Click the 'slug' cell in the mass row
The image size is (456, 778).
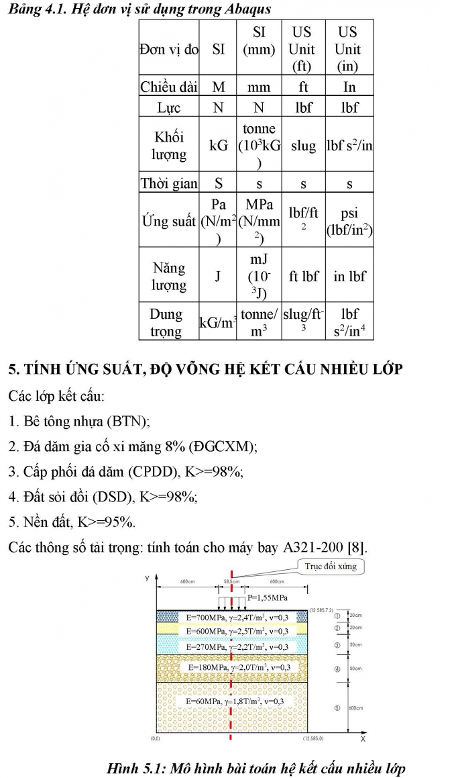coord(303,146)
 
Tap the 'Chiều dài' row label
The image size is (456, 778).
coord(168,87)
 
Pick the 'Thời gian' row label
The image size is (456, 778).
coord(168,183)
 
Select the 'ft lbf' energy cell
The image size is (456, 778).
coord(303,276)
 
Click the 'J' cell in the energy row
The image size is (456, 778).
coord(218,276)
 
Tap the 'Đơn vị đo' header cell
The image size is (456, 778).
coord(168,49)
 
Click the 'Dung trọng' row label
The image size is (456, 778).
coord(166,322)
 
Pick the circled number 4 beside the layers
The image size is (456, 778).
coord(337,669)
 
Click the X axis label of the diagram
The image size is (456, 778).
coord(362,738)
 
